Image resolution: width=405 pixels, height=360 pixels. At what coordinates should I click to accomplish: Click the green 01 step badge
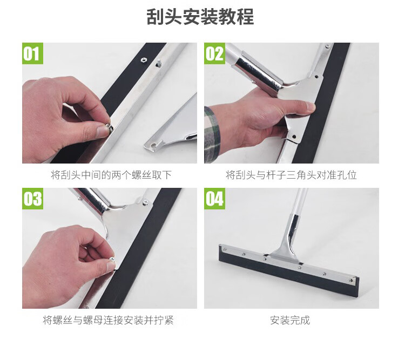click(x=32, y=53)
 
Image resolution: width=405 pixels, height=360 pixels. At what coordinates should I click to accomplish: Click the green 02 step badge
click(x=214, y=53)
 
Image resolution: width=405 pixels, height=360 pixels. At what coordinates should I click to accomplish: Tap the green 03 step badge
click(x=32, y=199)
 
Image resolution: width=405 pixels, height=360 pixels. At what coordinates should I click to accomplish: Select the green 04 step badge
click(x=214, y=199)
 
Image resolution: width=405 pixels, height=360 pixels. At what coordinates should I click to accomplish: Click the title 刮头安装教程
click(x=200, y=17)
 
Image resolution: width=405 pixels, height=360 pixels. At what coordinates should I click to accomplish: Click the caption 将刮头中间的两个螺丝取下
click(x=111, y=175)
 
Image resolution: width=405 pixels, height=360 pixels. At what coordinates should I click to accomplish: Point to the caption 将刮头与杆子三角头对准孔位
click(x=291, y=175)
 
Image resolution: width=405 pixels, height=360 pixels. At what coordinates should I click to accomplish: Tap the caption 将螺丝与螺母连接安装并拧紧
click(x=108, y=320)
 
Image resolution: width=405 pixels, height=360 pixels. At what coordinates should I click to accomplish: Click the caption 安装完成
click(x=290, y=320)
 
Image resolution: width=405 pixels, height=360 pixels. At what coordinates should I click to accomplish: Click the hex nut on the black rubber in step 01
click(x=143, y=60)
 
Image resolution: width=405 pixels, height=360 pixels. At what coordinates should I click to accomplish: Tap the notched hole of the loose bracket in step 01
click(x=154, y=145)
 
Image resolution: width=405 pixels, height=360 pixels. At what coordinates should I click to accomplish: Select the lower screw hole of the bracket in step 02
click(x=294, y=137)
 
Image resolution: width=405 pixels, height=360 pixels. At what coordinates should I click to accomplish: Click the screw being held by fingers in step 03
click(x=112, y=259)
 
